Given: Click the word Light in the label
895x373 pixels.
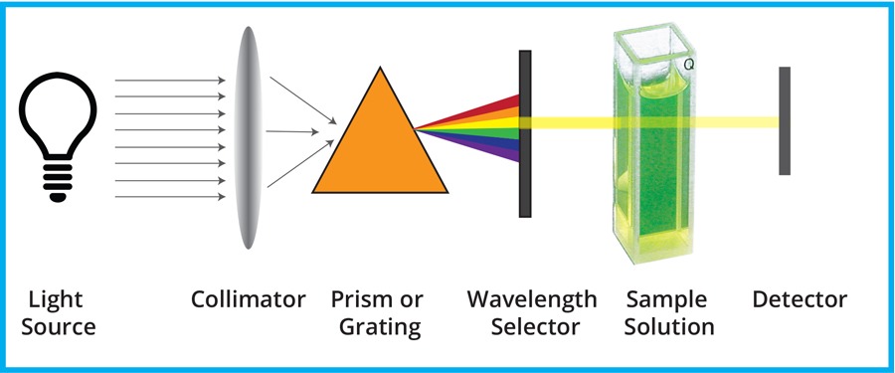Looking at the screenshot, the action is coord(57,299).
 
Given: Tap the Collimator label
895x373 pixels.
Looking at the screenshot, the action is coord(249,299).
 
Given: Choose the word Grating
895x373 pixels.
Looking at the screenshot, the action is coord(377,326).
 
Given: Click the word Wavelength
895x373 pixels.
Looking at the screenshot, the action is coord(533,299).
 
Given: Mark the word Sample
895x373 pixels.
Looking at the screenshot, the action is coord(666,299).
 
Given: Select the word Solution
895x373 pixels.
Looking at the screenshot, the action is coord(669,326).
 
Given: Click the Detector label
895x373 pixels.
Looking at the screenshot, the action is coord(800,299).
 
